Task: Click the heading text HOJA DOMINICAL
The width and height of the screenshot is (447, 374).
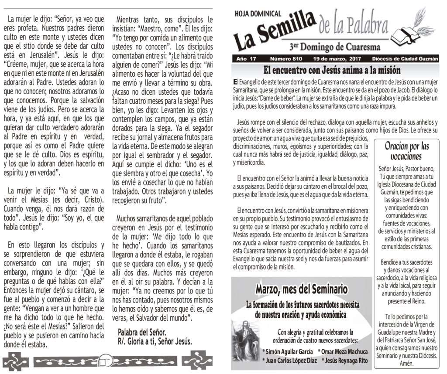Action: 258,14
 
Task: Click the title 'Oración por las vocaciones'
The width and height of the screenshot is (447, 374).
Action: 406,151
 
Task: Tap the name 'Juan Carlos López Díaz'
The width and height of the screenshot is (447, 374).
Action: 289,360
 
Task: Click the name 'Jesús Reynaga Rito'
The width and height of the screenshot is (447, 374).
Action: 344,360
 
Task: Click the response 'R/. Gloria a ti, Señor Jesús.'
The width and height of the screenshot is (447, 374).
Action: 155,341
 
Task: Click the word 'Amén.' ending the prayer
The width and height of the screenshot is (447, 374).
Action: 406,364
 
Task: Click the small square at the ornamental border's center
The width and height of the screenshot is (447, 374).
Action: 103,360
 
